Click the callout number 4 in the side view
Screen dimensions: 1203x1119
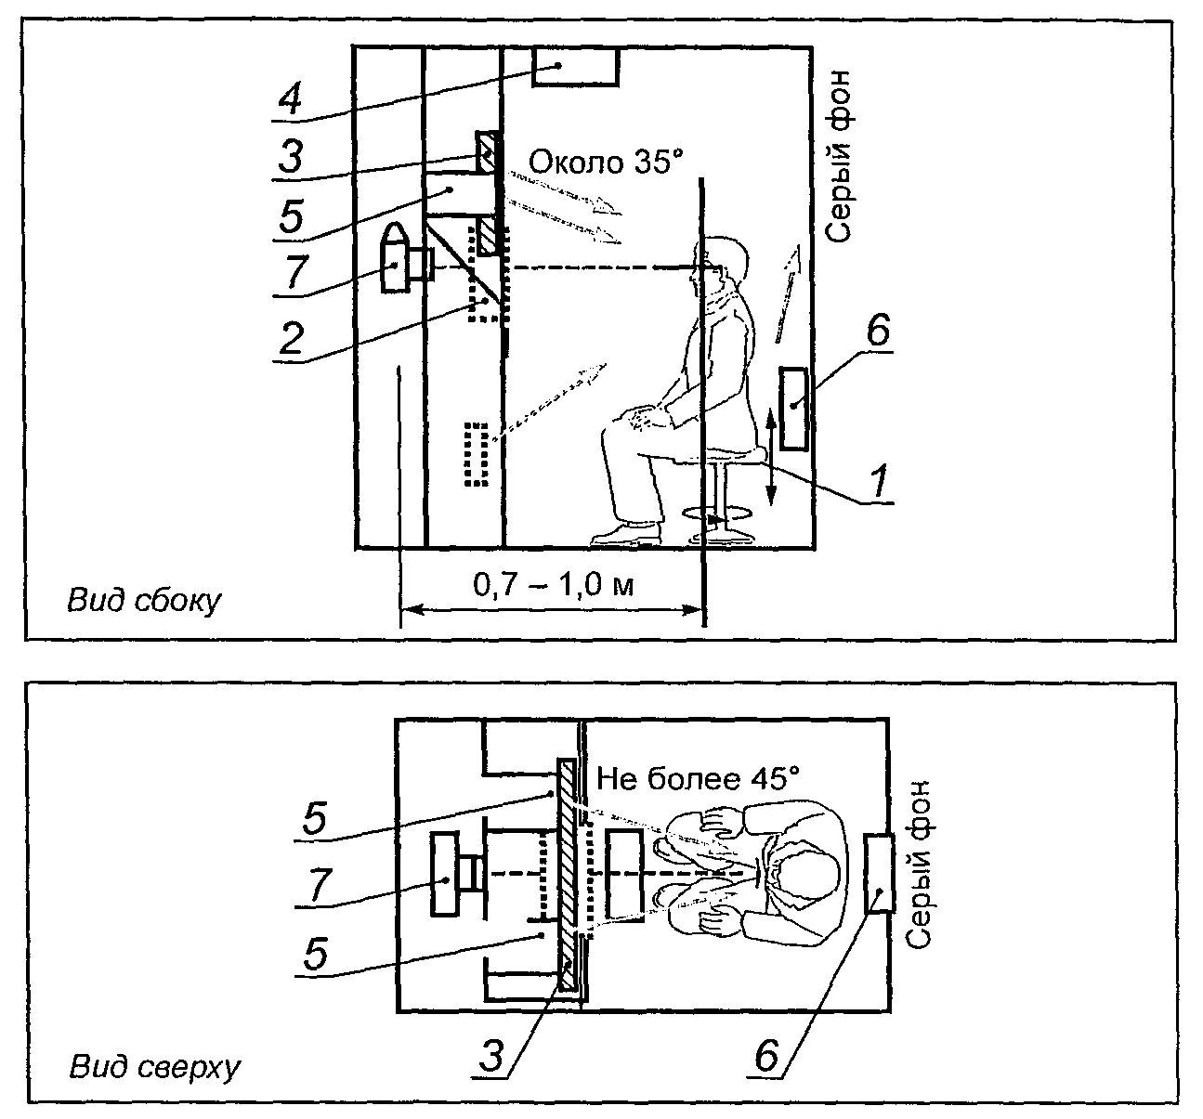pyautogui.click(x=290, y=100)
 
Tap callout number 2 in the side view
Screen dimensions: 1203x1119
pyautogui.click(x=292, y=338)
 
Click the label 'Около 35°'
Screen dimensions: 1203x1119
pyautogui.click(x=606, y=162)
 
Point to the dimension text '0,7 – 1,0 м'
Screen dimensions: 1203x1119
pyautogui.click(x=553, y=586)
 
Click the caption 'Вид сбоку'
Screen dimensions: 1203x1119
pyautogui.click(x=144, y=601)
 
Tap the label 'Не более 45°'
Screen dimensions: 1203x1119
pyautogui.click(x=698, y=779)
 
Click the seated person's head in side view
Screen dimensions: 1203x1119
pyautogui.click(x=719, y=266)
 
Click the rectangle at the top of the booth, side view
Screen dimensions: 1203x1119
pyautogui.click(x=575, y=67)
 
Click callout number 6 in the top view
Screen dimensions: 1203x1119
pyautogui.click(x=767, y=1058)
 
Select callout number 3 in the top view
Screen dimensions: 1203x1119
pyautogui.click(x=491, y=1058)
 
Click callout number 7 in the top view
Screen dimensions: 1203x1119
pyautogui.click(x=320, y=885)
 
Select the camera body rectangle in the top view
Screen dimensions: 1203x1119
pyautogui.click(x=445, y=873)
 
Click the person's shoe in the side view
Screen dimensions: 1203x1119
pyautogui.click(x=626, y=535)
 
